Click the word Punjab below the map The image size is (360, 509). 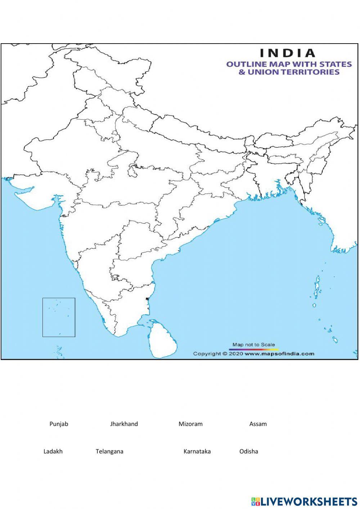[x=59, y=424]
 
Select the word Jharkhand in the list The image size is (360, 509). [x=124, y=424]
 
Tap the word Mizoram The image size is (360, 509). [x=190, y=424]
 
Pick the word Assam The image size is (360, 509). [x=258, y=424]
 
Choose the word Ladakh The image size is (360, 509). [x=53, y=451]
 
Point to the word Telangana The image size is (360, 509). [x=109, y=451]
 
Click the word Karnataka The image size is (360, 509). [x=197, y=451]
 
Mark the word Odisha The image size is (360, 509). [x=249, y=451]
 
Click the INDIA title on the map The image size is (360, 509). [x=288, y=53]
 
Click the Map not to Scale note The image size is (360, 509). [x=253, y=345]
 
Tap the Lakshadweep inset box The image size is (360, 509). [x=59, y=317]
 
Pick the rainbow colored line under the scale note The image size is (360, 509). [x=253, y=349]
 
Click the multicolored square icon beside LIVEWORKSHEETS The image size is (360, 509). [x=255, y=501]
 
